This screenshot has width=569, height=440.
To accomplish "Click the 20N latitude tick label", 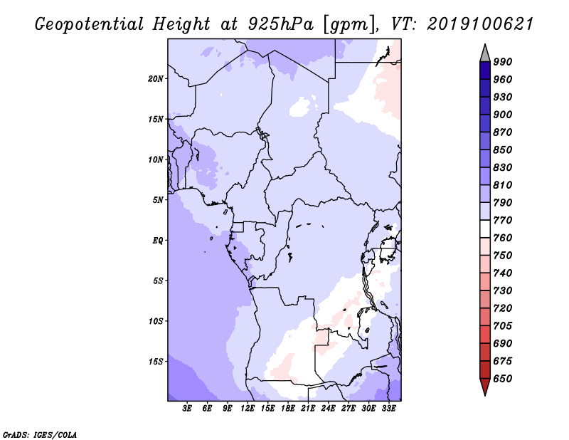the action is point(155,78).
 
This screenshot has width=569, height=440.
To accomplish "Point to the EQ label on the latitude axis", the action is point(157,240).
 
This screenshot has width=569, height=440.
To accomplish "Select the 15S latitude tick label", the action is point(155,361).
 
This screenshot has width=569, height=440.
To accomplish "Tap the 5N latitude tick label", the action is point(157,199).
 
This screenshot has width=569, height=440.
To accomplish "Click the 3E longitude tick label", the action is point(187,409).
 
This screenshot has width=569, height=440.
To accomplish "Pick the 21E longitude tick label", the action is point(308,409).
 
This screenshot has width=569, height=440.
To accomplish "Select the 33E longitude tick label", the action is point(388,409).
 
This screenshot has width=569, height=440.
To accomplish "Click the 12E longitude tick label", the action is point(247,409).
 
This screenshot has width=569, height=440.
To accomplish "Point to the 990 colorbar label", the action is point(503,62).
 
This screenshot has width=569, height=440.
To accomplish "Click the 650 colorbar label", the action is point(503,379).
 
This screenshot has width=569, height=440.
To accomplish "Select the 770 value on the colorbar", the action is point(503,220).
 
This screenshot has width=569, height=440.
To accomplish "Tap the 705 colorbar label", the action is point(503,325).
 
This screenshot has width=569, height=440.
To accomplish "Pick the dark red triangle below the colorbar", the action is point(485,385).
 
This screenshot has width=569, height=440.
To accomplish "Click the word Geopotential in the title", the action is point(90,25).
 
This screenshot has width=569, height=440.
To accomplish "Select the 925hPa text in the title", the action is point(280,24).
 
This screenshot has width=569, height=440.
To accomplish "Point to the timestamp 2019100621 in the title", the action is point(480,24).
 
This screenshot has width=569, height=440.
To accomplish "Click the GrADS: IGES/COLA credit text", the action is point(40,435).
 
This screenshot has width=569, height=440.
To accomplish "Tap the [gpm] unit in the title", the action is point(349,25).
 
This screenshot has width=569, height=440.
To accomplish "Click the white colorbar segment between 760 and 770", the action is point(485,229).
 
